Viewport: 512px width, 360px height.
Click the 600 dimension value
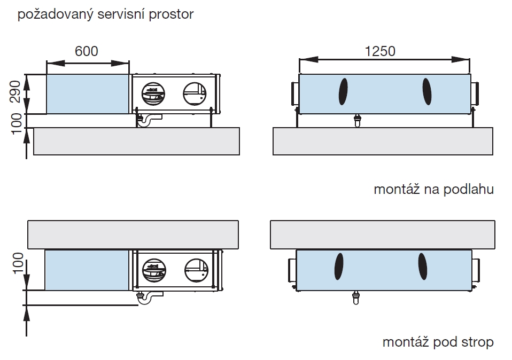point(87,51)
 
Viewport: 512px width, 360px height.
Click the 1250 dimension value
point(380,51)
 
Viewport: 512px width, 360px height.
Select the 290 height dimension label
point(15,91)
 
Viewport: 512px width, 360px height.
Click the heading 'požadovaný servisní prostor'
point(106,14)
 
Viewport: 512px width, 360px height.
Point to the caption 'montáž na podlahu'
point(433,189)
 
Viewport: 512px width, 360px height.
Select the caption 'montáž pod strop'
point(438,342)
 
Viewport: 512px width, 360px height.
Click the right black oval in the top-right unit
point(427,91)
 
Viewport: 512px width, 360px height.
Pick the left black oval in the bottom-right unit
point(339,265)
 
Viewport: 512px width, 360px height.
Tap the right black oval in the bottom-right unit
point(422,265)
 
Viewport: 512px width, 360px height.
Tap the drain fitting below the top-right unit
point(358,120)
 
